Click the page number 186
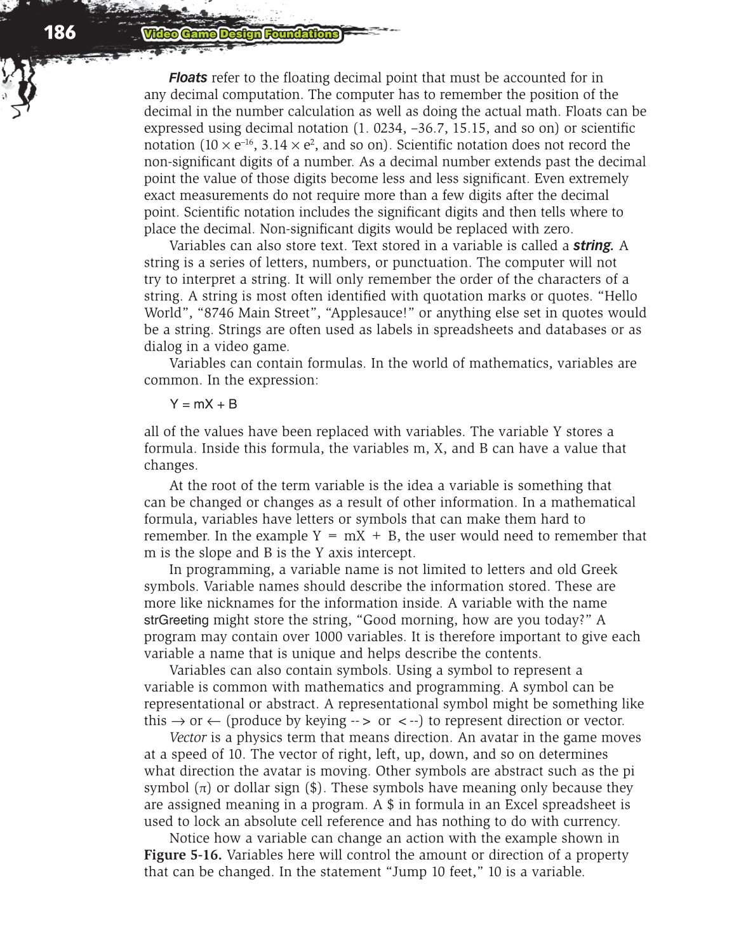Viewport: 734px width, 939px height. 60,32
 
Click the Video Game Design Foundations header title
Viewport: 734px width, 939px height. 241,34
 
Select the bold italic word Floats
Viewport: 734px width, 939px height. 188,78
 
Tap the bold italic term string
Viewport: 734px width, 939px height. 593,246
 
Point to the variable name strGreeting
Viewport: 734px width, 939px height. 177,620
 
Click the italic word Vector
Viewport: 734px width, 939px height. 188,738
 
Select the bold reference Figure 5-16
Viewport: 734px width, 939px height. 183,855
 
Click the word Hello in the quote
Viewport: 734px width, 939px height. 620,296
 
